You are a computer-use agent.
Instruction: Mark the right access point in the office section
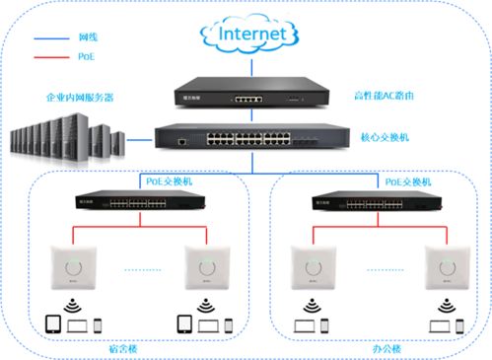pyautogui.click(x=441, y=266)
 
